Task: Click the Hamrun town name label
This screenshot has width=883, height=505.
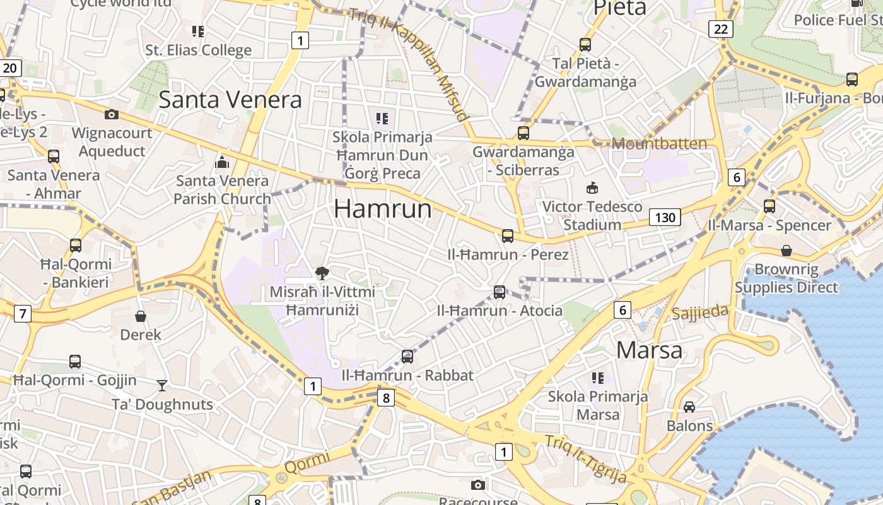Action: click(383, 209)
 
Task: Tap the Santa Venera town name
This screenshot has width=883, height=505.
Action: click(230, 100)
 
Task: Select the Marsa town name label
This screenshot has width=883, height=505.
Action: click(649, 350)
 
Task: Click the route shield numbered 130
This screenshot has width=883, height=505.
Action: click(665, 218)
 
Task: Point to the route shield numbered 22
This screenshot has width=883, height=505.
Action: click(721, 28)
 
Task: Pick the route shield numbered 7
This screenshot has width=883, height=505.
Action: click(23, 313)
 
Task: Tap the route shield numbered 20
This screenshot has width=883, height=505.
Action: click(11, 68)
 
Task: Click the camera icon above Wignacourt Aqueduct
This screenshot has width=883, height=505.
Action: click(112, 114)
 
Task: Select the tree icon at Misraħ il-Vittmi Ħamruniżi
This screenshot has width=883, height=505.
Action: click(322, 273)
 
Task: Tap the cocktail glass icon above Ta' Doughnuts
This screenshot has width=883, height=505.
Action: click(162, 385)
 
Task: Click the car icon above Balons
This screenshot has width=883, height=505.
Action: click(689, 407)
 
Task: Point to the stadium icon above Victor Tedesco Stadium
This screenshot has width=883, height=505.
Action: click(592, 187)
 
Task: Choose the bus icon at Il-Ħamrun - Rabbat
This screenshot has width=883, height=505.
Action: click(407, 357)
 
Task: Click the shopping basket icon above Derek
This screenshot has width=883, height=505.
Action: click(141, 316)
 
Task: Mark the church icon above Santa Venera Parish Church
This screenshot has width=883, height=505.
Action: click(221, 162)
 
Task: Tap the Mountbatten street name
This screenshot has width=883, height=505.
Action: click(659, 144)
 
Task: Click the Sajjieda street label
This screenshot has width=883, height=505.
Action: click(699, 312)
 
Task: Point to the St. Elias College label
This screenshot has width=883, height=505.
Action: click(198, 50)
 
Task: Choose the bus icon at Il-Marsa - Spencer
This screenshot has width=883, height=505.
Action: click(769, 206)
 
